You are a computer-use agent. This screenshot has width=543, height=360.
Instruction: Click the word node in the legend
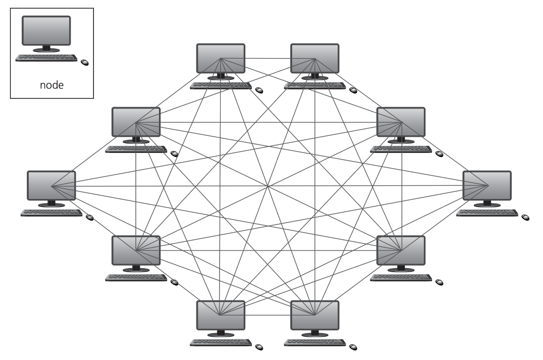coord(51,85)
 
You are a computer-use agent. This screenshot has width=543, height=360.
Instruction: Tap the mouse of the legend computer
coord(85,63)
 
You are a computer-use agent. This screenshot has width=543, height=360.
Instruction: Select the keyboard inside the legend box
coord(46,58)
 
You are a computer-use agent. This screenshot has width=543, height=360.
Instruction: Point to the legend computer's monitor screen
coord(46,30)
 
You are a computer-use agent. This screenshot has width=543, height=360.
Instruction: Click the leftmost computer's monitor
coord(51,185)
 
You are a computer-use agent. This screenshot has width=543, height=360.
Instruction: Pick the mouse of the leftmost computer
coord(90,217)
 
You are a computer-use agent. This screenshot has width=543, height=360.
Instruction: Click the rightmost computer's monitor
coord(487,185)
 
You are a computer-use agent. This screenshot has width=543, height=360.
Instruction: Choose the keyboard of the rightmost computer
coord(487,213)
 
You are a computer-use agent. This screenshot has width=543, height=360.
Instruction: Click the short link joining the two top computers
coord(267,58)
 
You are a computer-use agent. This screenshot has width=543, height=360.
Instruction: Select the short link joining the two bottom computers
coord(267,315)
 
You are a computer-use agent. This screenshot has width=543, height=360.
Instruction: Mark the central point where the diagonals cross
coord(267,186)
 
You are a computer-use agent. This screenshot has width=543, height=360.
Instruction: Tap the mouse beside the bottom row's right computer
coord(353,347)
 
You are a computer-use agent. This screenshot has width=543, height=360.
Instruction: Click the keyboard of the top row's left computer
coord(221,86)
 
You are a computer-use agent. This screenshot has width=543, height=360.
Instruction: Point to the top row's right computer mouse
coord(353,90)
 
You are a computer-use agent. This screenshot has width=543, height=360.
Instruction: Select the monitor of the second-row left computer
coord(136,122)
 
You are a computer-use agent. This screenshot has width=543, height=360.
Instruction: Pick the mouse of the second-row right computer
coord(440,153)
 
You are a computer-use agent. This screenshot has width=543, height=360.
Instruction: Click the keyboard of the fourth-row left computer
coord(136,278)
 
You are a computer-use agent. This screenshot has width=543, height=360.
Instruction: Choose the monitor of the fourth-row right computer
coord(401,250)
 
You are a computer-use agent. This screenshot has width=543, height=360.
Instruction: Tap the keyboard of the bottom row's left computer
coord(221,342)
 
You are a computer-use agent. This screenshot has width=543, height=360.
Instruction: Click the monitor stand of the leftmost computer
coord(51,203)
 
